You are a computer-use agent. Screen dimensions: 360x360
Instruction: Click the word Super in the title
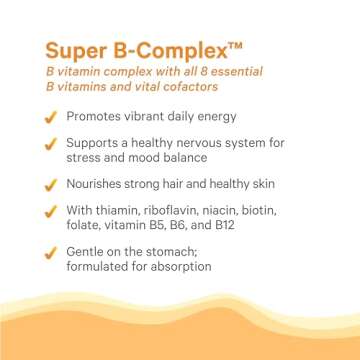coord(71,50)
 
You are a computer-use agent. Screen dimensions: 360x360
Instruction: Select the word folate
coord(84,226)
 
